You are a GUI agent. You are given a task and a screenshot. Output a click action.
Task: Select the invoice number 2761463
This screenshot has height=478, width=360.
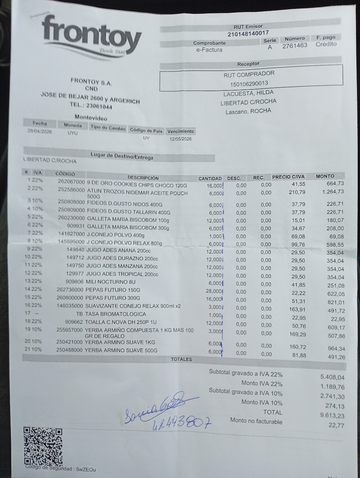[x=294, y=46]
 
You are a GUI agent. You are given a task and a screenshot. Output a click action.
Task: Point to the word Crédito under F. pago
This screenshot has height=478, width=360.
[x=326, y=44]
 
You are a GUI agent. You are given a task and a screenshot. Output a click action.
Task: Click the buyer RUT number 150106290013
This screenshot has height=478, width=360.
[x=249, y=84]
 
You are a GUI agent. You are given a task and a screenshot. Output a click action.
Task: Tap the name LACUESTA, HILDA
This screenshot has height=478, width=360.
[x=248, y=94]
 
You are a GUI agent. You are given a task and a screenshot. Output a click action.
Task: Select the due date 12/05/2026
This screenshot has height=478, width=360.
[x=181, y=139]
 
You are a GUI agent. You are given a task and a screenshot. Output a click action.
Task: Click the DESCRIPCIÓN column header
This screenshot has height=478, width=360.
[x=143, y=177]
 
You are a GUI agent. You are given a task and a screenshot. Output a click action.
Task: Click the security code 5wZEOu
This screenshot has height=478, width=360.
[x=86, y=469]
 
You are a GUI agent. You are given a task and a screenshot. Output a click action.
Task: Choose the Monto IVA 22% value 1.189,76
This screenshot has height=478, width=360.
[x=332, y=387]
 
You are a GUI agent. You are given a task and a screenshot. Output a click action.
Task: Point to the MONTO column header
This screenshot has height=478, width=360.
[x=325, y=176]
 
